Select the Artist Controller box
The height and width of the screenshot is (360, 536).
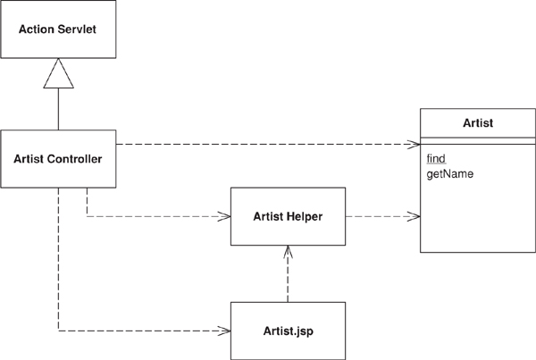point(58,159)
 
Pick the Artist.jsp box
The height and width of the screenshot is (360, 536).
point(287,331)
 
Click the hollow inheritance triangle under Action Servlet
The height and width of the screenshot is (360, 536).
point(59,71)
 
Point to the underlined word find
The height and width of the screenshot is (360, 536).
point(437,158)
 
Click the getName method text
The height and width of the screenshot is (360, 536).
point(450,172)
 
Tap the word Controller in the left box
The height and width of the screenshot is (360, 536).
point(73,159)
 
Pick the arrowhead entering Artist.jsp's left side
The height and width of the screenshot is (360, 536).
point(227,331)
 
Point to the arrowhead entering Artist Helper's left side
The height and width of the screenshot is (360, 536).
point(227,215)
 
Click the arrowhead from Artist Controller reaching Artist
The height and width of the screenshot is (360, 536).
point(415,143)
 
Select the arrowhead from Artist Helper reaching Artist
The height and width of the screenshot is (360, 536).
point(415,215)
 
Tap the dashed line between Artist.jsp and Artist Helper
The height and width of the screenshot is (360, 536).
point(287,279)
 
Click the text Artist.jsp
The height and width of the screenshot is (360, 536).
point(287,331)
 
